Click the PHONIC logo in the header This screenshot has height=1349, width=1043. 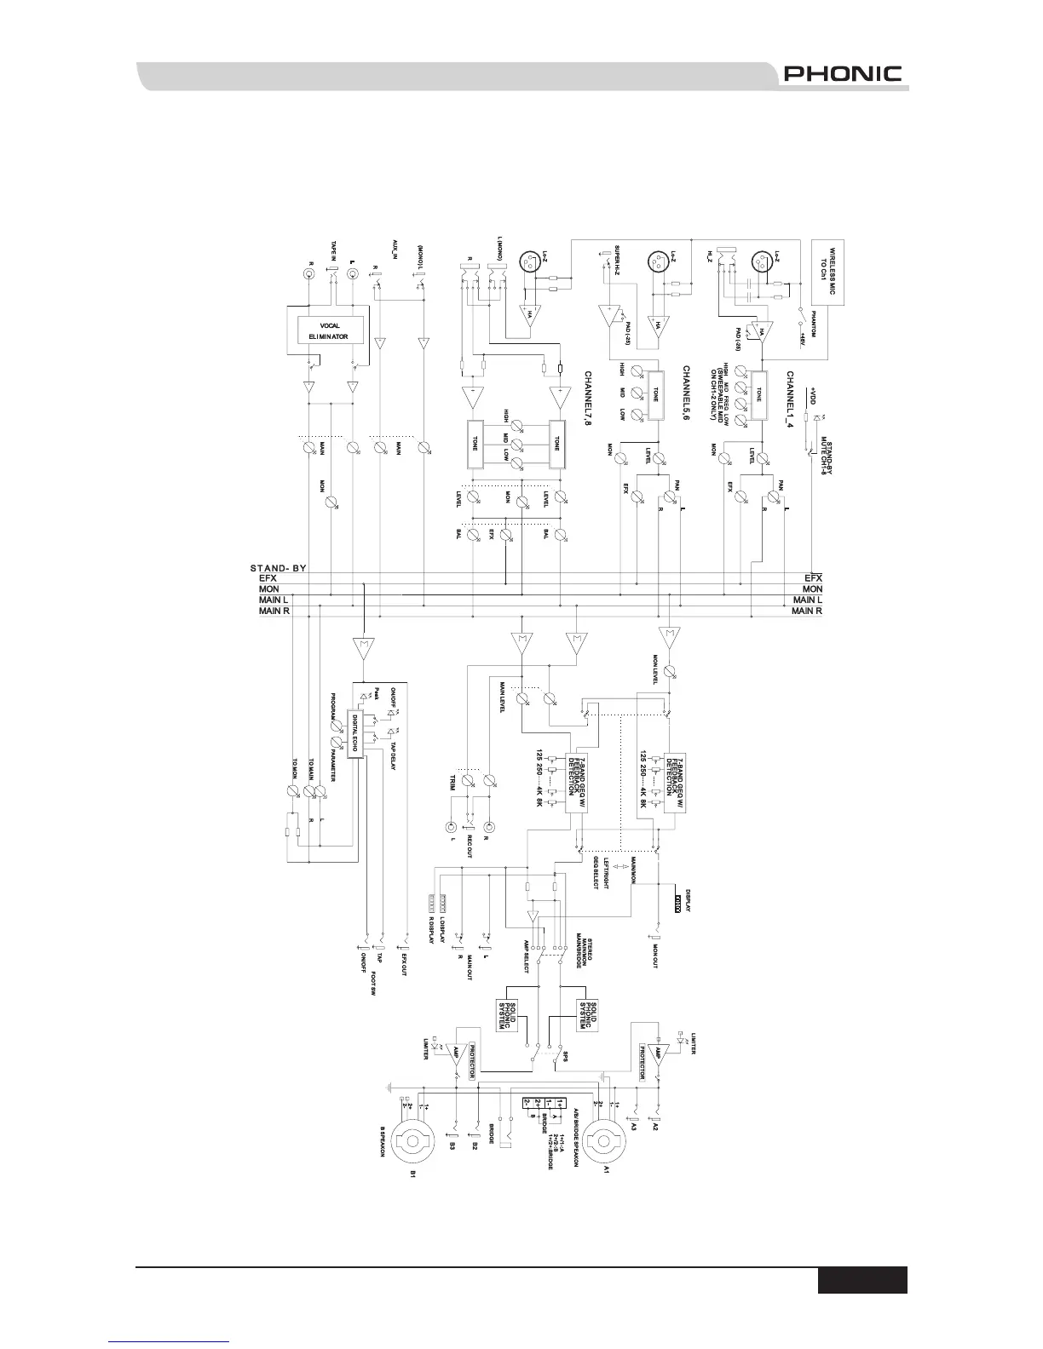click(842, 74)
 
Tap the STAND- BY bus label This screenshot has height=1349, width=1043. click(278, 567)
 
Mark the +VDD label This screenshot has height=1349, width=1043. click(813, 398)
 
